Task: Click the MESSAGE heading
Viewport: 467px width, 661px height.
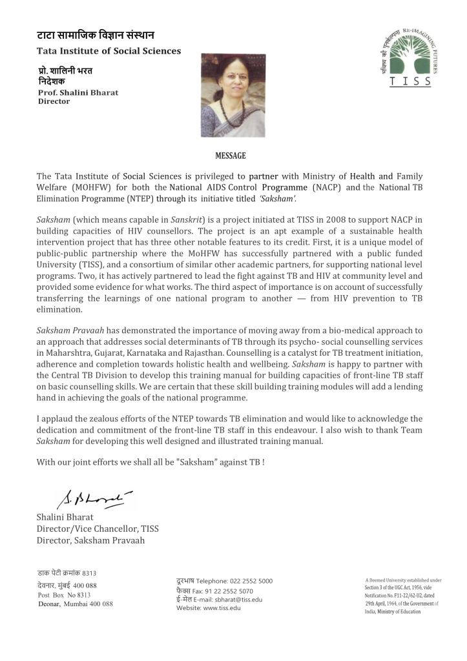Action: tap(230, 156)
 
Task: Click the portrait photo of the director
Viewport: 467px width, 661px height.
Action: tap(233, 95)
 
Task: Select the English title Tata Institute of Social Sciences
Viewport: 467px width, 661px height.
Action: tap(109, 51)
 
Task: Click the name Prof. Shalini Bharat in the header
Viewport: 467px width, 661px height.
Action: tap(78, 92)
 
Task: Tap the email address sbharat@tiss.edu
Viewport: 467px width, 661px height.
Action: tap(238, 599)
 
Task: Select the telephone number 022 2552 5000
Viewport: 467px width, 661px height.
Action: tap(248, 581)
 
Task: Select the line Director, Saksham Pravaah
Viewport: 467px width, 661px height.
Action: tap(90, 540)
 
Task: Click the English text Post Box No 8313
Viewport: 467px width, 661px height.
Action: tap(64, 595)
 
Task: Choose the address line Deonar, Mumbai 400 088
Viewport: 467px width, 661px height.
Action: tap(75, 604)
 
